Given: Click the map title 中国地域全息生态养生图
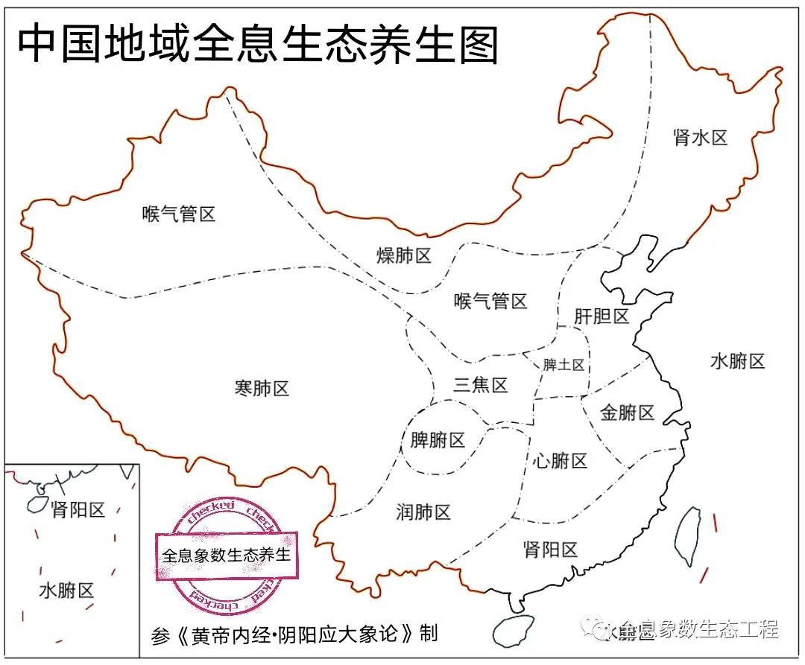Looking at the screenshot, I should tap(257, 45).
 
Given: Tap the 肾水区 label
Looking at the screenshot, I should tap(700, 137).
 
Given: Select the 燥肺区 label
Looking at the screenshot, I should tap(404, 256).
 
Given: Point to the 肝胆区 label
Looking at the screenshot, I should tap(602, 316).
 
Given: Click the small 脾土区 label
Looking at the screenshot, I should tap(563, 365).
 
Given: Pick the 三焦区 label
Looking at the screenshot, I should tap(481, 385).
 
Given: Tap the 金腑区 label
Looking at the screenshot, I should tap(627, 413).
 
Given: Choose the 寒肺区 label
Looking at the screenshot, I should tap(262, 388).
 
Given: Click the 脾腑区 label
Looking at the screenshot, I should tap(438, 440).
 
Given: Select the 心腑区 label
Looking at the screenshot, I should tap(560, 461).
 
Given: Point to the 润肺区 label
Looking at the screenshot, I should tap(423, 512).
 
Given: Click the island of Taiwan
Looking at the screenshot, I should tap(688, 536).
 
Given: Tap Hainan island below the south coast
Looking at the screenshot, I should tap(514, 630).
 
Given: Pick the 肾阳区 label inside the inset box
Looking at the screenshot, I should tap(78, 510).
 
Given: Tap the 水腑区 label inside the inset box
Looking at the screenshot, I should tap(66, 591).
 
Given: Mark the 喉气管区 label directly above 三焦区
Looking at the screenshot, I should tap(490, 302).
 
